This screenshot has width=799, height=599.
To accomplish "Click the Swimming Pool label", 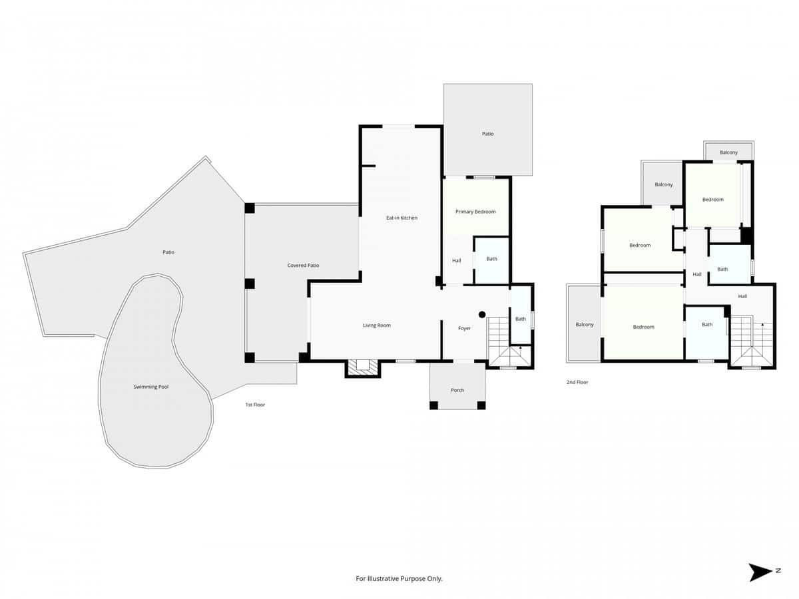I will click(150, 387).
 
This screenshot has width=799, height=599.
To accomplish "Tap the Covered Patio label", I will click(303, 266).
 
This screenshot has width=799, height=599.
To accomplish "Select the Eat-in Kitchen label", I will click(401, 218).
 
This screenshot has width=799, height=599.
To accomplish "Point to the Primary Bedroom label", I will click(475, 212).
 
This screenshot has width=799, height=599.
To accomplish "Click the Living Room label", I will click(377, 325).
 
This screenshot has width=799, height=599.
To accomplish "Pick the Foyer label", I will click(464, 328).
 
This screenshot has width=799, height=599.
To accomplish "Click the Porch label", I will click(457, 390).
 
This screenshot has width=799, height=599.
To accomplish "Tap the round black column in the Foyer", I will click(482, 314).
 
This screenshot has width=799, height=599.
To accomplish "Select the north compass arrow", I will click(760, 572).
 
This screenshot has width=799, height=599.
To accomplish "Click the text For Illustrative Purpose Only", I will click(399, 579).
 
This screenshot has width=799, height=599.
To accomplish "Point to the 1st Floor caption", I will click(255, 405).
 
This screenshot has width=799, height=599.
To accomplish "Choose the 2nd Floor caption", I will click(577, 383).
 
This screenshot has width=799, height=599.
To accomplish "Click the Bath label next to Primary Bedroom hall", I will click(491, 259).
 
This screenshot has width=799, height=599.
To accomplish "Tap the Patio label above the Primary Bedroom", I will click(488, 134).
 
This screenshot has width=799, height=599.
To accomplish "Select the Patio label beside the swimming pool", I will click(168, 252).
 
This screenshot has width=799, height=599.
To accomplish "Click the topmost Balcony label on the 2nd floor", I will click(728, 152).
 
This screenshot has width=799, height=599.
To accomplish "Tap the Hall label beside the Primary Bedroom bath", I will click(457, 261).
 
